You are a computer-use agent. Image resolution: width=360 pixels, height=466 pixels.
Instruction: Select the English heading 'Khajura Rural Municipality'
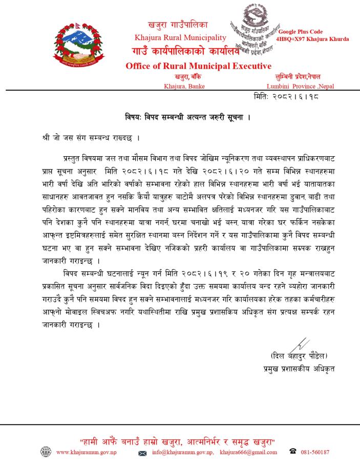click(x=180, y=37)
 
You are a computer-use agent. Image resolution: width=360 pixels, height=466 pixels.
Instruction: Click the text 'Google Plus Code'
click(x=301, y=32)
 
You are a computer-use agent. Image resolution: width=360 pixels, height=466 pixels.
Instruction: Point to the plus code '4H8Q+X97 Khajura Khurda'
click(x=312, y=39)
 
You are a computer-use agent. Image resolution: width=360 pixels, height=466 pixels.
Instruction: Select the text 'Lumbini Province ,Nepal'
click(x=300, y=87)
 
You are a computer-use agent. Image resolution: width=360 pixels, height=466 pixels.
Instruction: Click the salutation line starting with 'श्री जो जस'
click(x=91, y=139)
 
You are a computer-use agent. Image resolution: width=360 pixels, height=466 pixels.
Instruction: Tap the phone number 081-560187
click(x=316, y=453)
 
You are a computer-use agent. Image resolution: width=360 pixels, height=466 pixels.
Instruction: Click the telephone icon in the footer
click(x=293, y=452)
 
